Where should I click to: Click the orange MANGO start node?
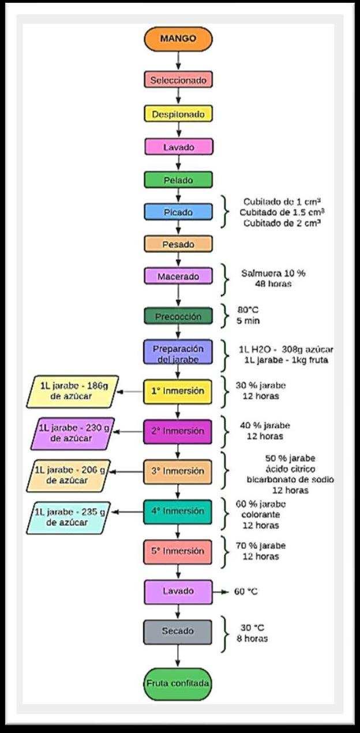[178, 39]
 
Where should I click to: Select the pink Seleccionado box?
[178, 80]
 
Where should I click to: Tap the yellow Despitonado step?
[178, 114]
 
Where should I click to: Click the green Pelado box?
[178, 180]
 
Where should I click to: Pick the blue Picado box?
[178, 212]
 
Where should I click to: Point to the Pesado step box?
[178, 245]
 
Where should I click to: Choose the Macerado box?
[178, 276]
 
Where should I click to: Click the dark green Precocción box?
[178, 316]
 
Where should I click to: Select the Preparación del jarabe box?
[178, 353]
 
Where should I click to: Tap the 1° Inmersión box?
[178, 391]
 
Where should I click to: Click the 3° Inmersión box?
[178, 471]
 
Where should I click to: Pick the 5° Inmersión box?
[178, 551]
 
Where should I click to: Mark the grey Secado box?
[178, 631]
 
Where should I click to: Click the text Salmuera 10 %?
[273, 273]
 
